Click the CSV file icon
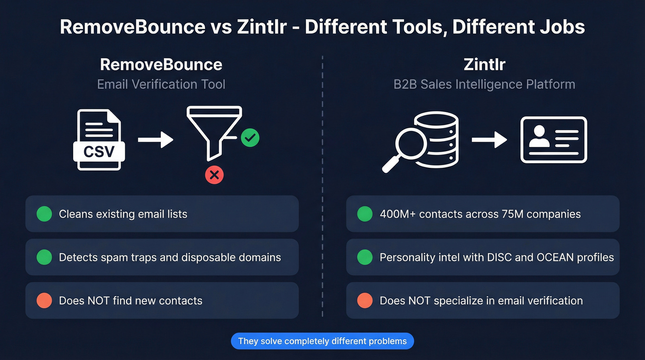pos(99,140)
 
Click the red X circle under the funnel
pos(214,175)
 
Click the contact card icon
pos(553,140)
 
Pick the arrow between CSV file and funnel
pos(155,140)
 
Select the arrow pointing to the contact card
pos(489,140)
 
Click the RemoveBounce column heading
pos(161,64)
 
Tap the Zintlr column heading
pos(484,64)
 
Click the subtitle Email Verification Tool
pos(161,84)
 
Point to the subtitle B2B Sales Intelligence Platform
pos(484,84)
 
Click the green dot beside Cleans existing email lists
pos(44,214)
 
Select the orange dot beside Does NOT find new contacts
pos(44,301)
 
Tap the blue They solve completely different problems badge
pos(322,342)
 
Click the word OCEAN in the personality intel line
pos(557,257)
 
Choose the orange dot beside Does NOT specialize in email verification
pos(365,301)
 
